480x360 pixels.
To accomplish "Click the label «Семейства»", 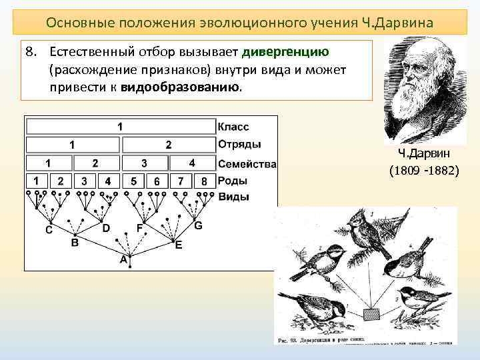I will pos(246,163).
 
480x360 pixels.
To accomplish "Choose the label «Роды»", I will pos(233,181).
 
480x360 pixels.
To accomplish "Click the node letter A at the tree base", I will pos(123,259).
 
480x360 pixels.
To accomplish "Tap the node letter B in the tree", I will pos(75,243).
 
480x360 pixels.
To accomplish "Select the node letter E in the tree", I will pos(179,245).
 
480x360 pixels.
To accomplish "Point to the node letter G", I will pos(198,226).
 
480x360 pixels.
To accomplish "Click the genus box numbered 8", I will pos(205,181).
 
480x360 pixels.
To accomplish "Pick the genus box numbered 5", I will pos(134,181).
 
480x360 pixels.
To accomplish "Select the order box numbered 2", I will pos(169,144).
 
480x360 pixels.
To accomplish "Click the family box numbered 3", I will pos(144,163).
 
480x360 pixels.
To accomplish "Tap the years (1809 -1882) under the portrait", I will pos(423,171).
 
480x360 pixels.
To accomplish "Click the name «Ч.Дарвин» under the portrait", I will pos(425,154).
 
